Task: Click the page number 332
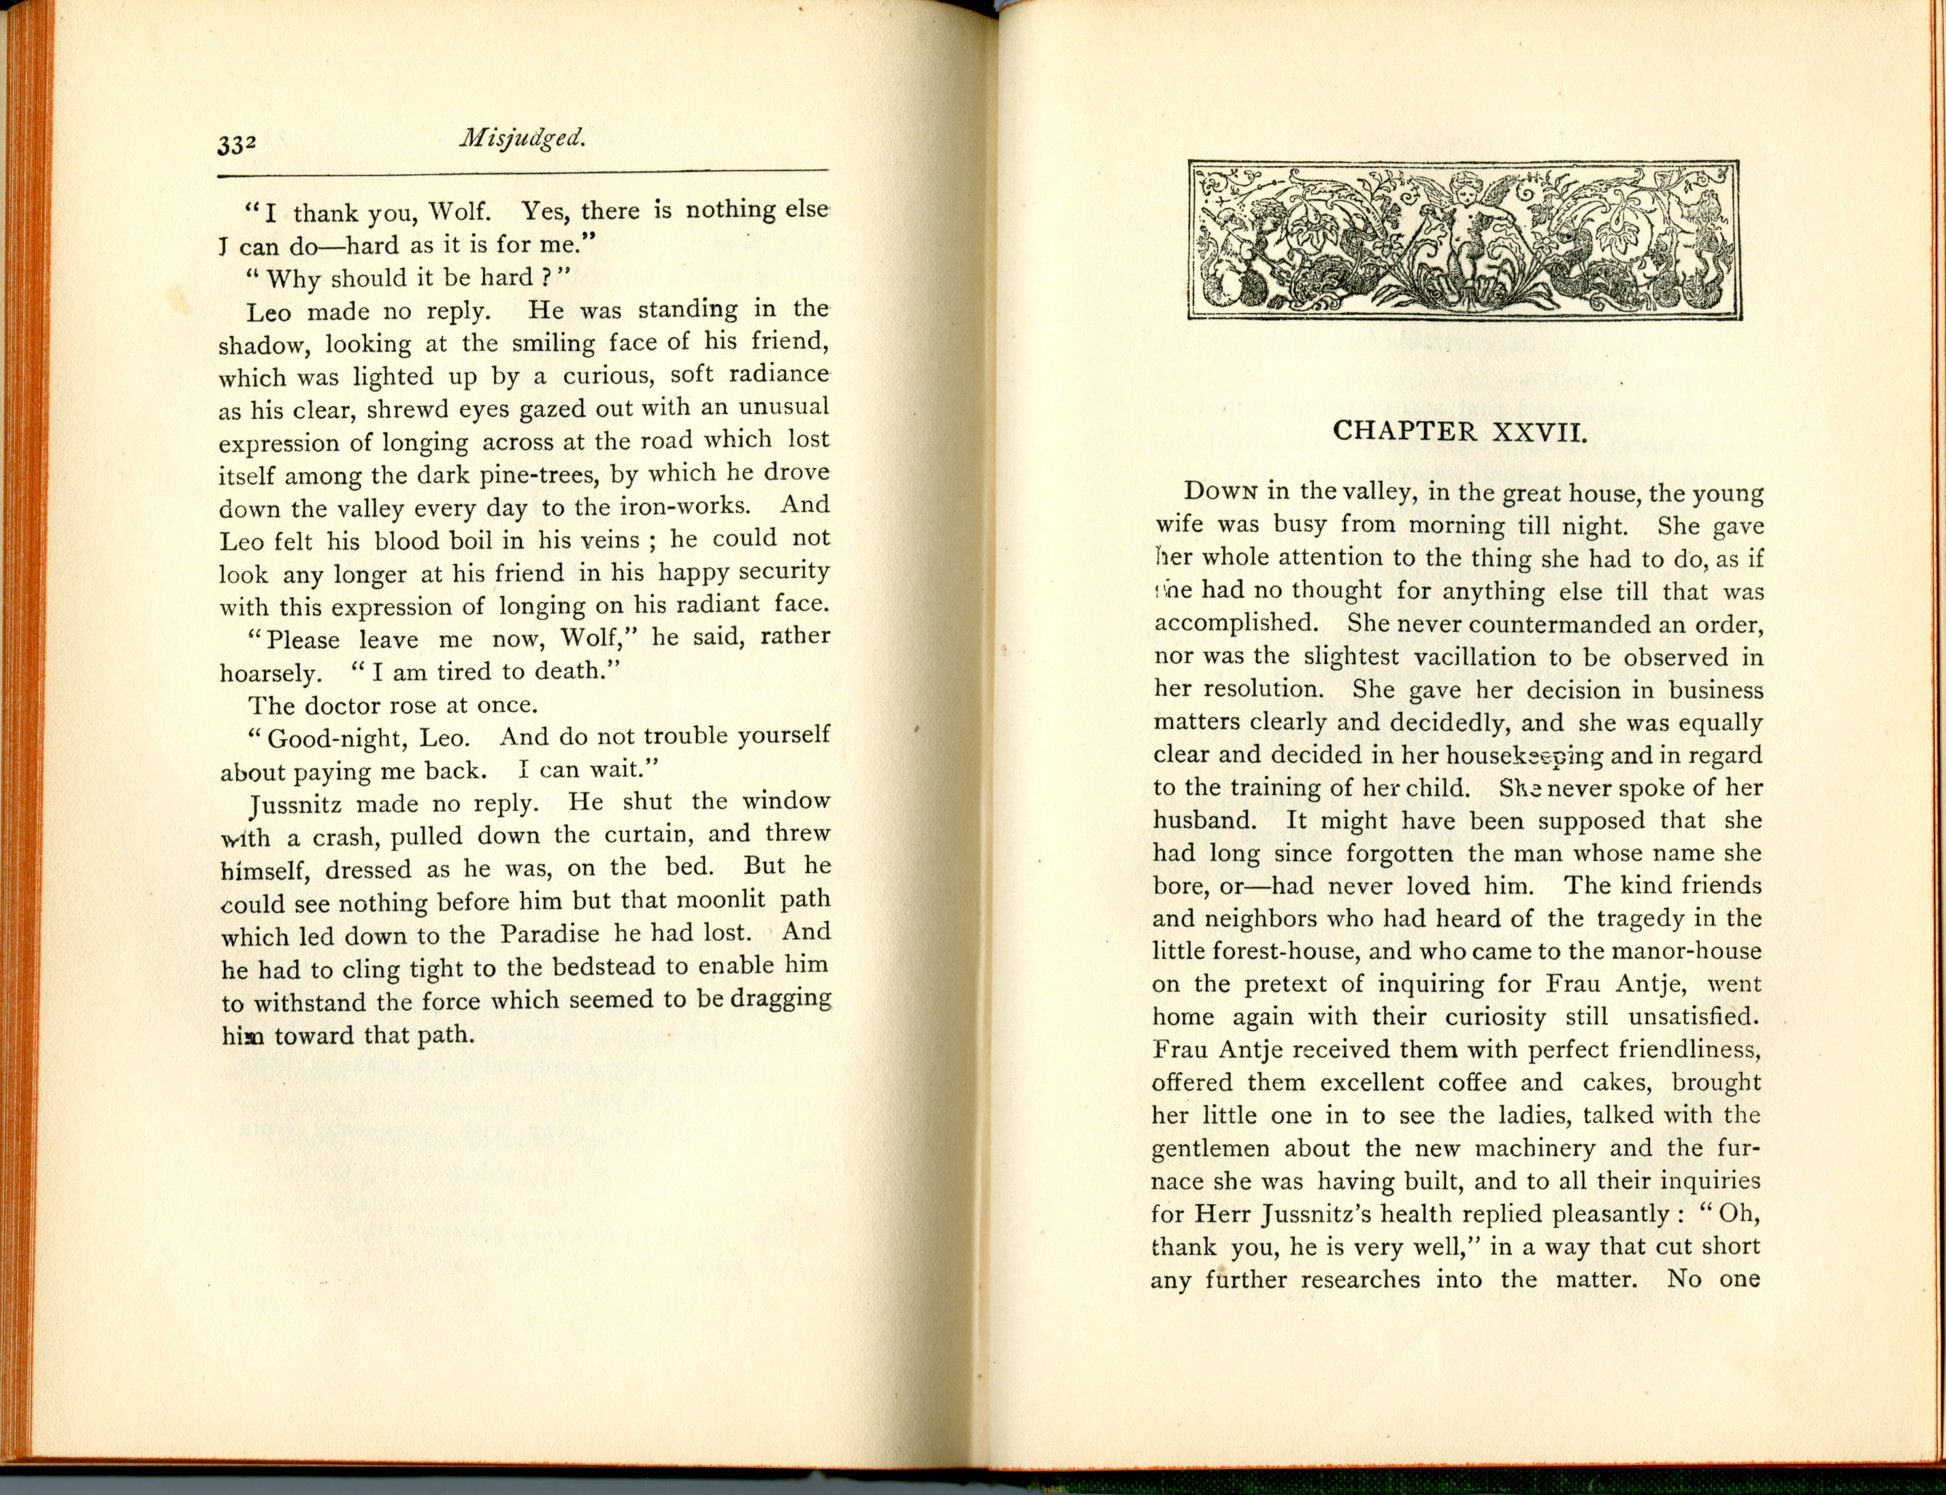point(237,145)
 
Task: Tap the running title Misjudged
point(523,138)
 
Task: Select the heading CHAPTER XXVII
point(1460,432)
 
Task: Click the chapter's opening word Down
point(1219,492)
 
